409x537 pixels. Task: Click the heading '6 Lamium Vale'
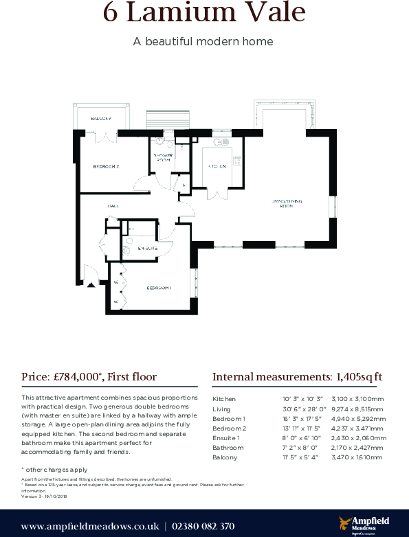tap(203, 14)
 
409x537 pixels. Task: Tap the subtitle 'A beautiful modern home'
tap(203, 41)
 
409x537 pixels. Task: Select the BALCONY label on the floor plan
tap(100, 119)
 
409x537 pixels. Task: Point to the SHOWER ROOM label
tap(162, 158)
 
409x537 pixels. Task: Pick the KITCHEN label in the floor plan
tap(217, 167)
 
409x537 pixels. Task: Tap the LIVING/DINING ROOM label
tap(288, 203)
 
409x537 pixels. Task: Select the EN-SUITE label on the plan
tap(148, 248)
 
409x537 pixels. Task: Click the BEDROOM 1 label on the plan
tap(159, 288)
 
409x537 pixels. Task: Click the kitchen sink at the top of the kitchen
tap(220, 143)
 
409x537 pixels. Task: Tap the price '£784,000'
tap(76, 376)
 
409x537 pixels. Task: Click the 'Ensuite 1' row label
tap(227, 437)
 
